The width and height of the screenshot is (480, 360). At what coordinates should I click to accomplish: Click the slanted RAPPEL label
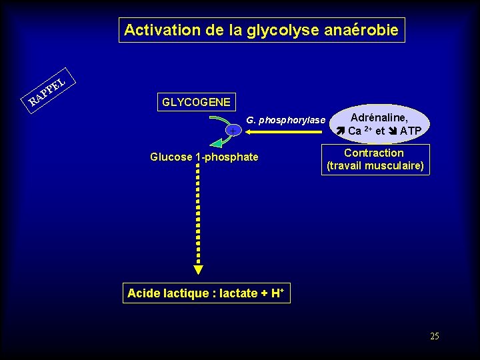[47, 89]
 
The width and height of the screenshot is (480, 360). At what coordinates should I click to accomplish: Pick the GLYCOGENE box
[196, 102]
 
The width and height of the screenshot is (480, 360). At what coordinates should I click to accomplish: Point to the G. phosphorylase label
[286, 121]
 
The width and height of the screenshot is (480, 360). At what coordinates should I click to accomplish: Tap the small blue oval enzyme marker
[233, 129]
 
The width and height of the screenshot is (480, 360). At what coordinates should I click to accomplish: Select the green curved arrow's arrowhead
[216, 142]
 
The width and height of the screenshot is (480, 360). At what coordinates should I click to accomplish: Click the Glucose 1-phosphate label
[204, 157]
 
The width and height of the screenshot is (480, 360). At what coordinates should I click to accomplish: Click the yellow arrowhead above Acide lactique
[198, 269]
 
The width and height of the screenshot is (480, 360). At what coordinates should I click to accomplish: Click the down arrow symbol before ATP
[393, 131]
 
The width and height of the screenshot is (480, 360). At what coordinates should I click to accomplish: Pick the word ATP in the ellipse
[411, 131]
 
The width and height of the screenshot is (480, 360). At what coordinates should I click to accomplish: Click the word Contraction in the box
[374, 153]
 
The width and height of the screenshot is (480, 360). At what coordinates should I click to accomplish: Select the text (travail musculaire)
[375, 165]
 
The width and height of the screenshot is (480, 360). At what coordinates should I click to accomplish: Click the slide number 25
[435, 337]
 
